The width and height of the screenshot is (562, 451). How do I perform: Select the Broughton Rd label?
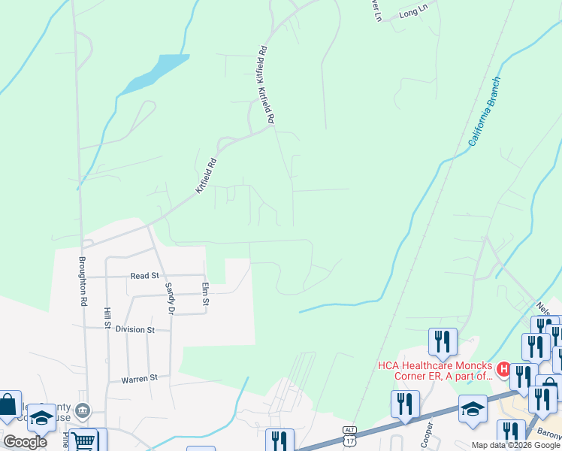[x=83, y=281]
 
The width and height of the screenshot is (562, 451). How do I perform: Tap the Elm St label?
[x=204, y=293]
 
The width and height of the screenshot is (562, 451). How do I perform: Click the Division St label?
[x=135, y=329]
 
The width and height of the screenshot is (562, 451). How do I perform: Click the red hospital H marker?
[x=504, y=370]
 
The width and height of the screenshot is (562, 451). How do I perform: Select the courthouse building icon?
[x=83, y=410]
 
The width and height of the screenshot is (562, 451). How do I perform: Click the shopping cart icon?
[x=86, y=441]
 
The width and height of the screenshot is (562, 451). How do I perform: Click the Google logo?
[x=25, y=441]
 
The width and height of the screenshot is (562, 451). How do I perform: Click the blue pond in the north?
[x=155, y=73]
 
